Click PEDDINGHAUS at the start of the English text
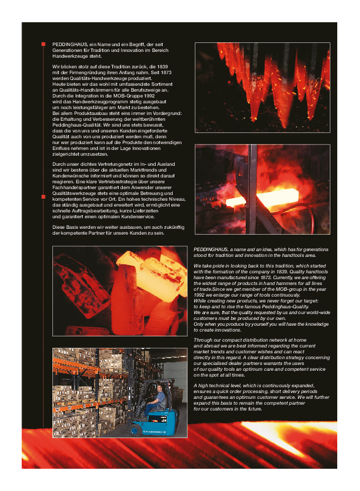pyautogui.click(x=211, y=249)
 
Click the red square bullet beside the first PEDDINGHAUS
pyautogui.click(x=43, y=44)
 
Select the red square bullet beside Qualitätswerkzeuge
pyautogui.click(x=43, y=197)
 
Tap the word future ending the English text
pyautogui.click(x=252, y=409)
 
